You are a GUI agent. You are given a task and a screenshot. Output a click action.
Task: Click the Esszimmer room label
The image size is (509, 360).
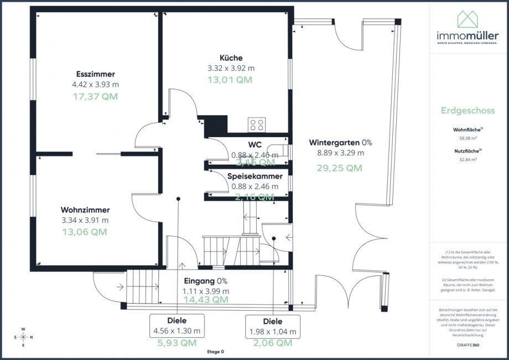95,74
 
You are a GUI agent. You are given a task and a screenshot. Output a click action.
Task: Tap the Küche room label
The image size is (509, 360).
231,58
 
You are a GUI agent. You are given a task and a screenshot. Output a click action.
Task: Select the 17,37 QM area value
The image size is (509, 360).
95,96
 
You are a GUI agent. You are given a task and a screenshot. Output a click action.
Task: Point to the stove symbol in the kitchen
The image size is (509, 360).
256,124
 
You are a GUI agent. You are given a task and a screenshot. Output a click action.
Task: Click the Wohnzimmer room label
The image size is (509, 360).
85,210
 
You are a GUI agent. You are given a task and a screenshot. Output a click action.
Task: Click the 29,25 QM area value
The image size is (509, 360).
339,168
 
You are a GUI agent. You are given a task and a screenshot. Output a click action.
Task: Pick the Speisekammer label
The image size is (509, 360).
255,176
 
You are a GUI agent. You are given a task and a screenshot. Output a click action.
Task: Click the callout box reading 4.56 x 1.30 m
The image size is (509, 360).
176,326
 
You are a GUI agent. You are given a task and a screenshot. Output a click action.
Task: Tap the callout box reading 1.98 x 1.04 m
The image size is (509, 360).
273,327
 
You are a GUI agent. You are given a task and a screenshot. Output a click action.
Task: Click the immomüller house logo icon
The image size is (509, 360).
468,19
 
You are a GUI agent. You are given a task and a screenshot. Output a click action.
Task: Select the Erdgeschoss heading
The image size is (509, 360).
468,110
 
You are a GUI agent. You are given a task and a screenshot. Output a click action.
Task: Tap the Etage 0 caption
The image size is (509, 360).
215,352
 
